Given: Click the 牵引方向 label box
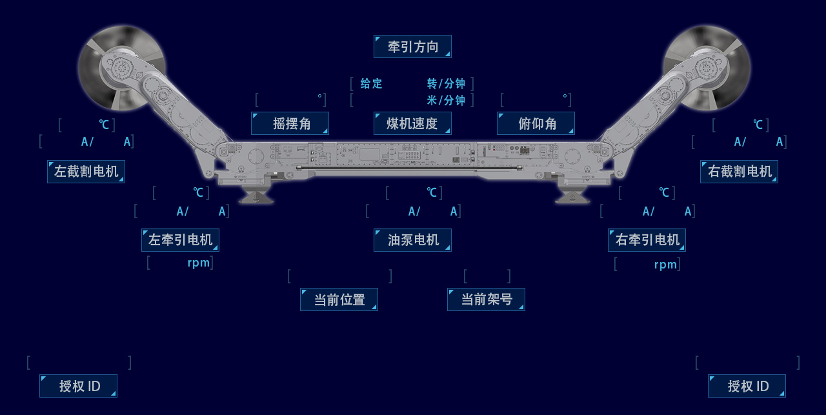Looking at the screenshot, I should point(412,46).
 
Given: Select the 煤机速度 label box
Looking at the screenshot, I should point(412,123).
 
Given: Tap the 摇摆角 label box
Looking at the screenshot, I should point(290,123).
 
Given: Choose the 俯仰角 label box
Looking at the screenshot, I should point(536,123).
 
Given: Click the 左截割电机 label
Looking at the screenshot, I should point(86,172).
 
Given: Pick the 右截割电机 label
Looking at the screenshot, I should point(739,172).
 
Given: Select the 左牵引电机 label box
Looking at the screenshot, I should point(180,240).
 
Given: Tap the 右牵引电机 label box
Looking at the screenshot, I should point(647,240).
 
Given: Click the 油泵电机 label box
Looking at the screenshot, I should point(412,240).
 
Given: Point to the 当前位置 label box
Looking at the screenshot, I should point(339,299).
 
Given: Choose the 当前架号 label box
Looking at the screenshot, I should point(486,299).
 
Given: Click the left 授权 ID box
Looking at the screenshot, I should point(78,386).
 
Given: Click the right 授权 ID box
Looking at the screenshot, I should point(747,386).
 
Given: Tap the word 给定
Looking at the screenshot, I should point(371,83).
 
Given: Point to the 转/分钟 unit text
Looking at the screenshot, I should point(446,83).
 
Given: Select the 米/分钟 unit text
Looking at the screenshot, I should point(446,100).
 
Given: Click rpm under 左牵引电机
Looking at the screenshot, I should point(199,263).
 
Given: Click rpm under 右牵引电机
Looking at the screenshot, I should point(665,265).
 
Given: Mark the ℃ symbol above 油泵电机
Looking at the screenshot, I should point(432,192).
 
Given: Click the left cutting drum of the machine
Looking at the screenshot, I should point(121,67).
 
